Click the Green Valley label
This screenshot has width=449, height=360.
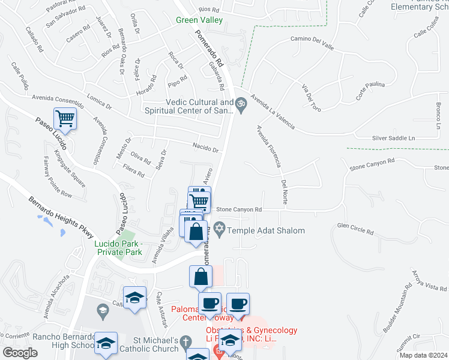199,20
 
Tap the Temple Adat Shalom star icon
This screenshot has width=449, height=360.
220,230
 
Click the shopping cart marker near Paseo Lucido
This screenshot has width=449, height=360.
65,118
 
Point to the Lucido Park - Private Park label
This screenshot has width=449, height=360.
118,248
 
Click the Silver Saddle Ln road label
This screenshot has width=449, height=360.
393,138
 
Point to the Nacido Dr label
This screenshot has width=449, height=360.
205,147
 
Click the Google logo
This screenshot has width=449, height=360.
20,353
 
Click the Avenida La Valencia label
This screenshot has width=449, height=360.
273,111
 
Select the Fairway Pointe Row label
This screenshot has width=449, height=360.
58,178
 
